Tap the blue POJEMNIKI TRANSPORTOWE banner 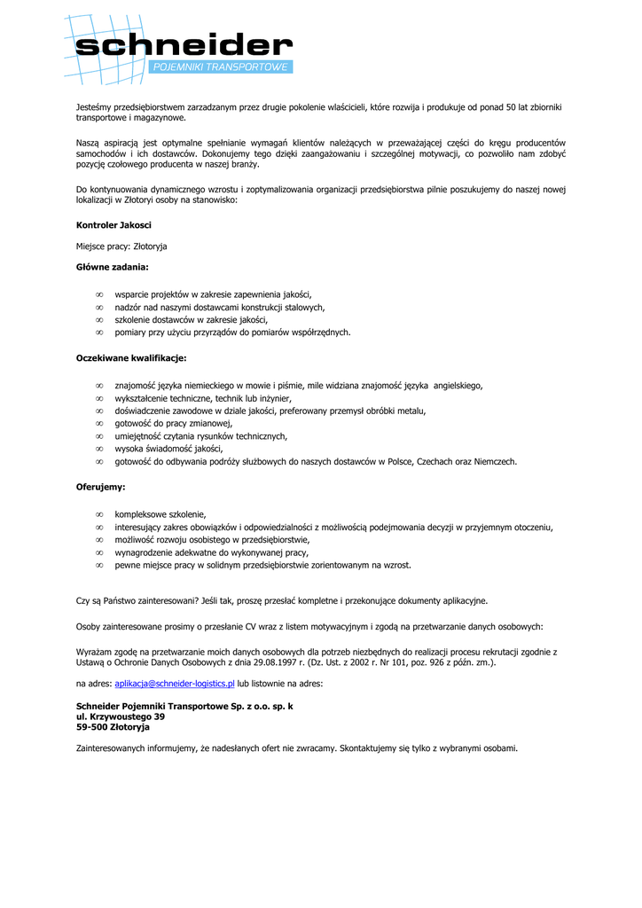[221, 67]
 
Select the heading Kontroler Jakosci [114, 225]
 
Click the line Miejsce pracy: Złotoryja [121, 246]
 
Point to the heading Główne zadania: [113, 266]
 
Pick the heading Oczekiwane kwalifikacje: [131, 358]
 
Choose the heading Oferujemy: [100, 487]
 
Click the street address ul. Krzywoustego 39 [121, 716]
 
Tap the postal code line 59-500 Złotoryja [113, 726]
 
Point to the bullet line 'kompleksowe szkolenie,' [160, 513]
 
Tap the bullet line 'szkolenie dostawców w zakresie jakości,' [191, 319]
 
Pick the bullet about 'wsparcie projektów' [213, 294]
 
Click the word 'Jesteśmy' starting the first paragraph [94, 107]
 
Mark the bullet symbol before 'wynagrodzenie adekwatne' [99, 552]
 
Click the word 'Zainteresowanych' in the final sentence [111, 748]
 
